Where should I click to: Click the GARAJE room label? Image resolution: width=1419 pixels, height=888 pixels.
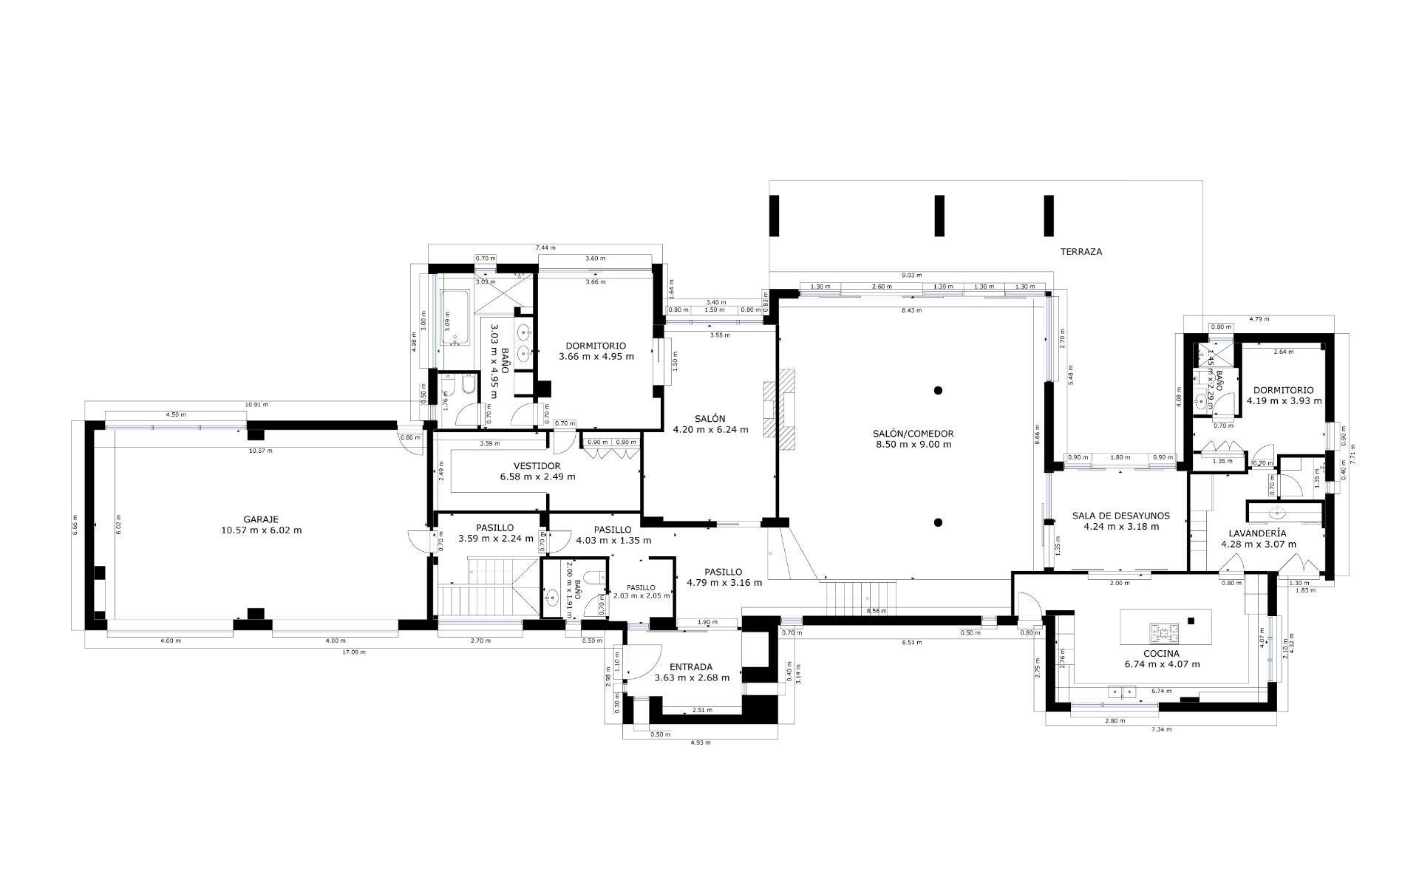point(261,519)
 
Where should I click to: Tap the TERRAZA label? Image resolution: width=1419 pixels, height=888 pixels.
point(1081,252)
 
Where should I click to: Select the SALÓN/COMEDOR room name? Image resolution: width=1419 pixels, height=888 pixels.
point(913,434)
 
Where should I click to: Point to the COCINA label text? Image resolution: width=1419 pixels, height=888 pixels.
point(1161,654)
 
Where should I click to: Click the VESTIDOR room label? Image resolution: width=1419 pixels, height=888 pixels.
point(537,466)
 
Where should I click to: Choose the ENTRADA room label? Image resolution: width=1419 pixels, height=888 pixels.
point(692,667)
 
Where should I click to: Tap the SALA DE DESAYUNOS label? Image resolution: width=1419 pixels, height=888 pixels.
point(1120,516)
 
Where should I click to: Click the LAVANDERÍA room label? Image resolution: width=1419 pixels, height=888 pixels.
point(1257,533)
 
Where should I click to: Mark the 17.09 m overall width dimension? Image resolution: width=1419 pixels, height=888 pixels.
point(353,652)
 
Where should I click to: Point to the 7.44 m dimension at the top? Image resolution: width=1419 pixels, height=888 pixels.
point(545,248)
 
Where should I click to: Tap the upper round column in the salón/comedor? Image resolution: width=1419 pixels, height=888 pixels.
point(938,390)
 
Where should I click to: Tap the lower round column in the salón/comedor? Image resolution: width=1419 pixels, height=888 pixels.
point(938,522)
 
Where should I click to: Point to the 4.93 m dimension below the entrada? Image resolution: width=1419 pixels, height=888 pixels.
point(700,742)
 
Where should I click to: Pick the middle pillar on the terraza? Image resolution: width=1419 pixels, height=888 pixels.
point(939,216)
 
